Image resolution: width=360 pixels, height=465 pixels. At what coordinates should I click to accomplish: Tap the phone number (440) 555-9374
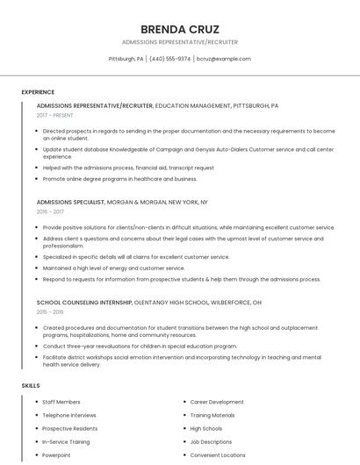pos(169,59)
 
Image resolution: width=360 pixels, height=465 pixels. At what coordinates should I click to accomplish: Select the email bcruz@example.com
pos(224,59)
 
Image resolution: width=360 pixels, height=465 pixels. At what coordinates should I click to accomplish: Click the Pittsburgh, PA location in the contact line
pos(126,59)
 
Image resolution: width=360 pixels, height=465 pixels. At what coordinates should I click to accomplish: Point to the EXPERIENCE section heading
pos(38,92)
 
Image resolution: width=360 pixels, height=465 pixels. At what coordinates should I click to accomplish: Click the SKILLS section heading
pos(30,386)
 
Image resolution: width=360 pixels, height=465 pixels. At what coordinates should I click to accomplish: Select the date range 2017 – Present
pos(56,115)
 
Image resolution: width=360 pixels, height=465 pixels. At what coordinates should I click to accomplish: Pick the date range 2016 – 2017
pos(51,211)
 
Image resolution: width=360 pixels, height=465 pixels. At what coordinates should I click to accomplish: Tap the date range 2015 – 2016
pos(51,311)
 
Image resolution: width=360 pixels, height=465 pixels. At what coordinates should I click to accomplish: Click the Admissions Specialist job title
pos(70,202)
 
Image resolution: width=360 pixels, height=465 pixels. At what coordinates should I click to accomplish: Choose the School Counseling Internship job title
pos(84,302)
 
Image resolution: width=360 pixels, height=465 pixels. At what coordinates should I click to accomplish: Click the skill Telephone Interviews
pos(69,415)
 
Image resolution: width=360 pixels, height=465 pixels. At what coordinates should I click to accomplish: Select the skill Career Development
pos(217,402)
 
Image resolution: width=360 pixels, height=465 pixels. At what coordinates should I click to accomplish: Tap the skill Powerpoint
pos(57,455)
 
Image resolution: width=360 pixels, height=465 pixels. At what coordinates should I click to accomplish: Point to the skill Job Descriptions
pos(211,442)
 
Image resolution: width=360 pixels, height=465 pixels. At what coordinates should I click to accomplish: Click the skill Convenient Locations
pos(218,455)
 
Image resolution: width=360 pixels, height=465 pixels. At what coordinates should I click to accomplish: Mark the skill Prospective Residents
pos(70,429)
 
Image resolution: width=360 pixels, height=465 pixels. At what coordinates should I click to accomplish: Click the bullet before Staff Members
pos(36,402)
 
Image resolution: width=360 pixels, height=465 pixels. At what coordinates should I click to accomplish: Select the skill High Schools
pos(206,429)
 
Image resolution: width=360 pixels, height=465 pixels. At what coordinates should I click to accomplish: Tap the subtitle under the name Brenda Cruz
pos(179,42)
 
